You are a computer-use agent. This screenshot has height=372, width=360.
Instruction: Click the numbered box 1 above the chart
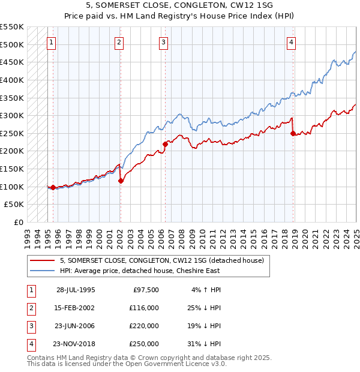[52, 42]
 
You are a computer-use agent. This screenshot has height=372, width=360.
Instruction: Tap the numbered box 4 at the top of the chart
[291, 42]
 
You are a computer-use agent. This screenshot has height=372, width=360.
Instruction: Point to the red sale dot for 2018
[293, 133]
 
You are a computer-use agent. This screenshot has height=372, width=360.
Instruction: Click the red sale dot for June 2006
[165, 144]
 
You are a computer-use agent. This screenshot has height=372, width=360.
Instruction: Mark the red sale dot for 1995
[53, 187]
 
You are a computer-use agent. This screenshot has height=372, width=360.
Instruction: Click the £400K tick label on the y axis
[12, 80]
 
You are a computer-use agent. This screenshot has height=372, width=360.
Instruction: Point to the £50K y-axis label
[14, 205]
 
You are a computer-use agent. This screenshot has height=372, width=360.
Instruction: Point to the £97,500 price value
[146, 290]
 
